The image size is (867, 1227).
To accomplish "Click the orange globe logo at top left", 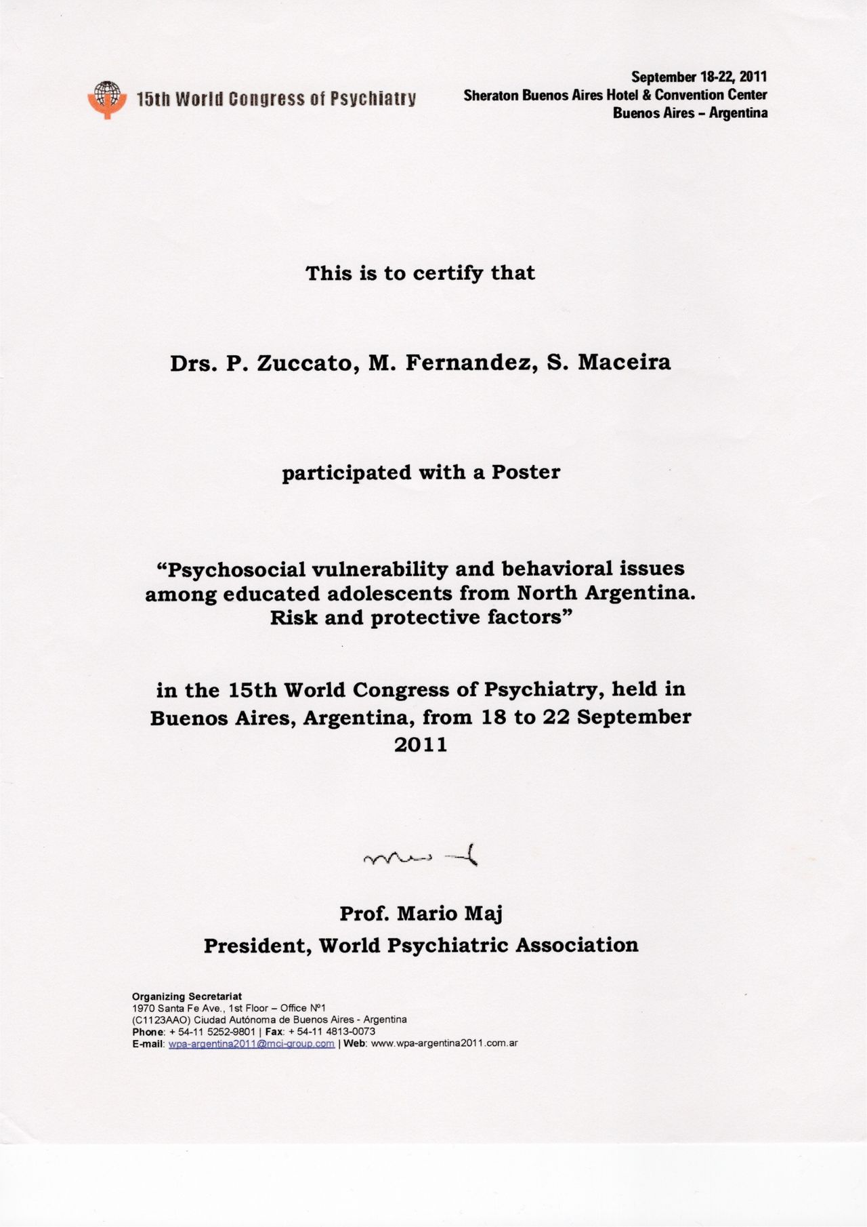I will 107,99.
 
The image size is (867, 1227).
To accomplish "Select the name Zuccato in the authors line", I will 305,363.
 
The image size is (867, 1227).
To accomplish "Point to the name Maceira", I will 624,363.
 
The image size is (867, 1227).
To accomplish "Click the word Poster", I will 526,472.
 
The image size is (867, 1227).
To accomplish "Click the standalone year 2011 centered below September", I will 421,745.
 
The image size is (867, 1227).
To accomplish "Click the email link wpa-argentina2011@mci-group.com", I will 251,1043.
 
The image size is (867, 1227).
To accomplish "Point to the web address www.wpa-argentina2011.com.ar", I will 444,1043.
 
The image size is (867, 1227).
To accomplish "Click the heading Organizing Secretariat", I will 187,997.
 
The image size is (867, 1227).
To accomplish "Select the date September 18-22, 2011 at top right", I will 699,77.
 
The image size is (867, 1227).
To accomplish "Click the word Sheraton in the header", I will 491,95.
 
